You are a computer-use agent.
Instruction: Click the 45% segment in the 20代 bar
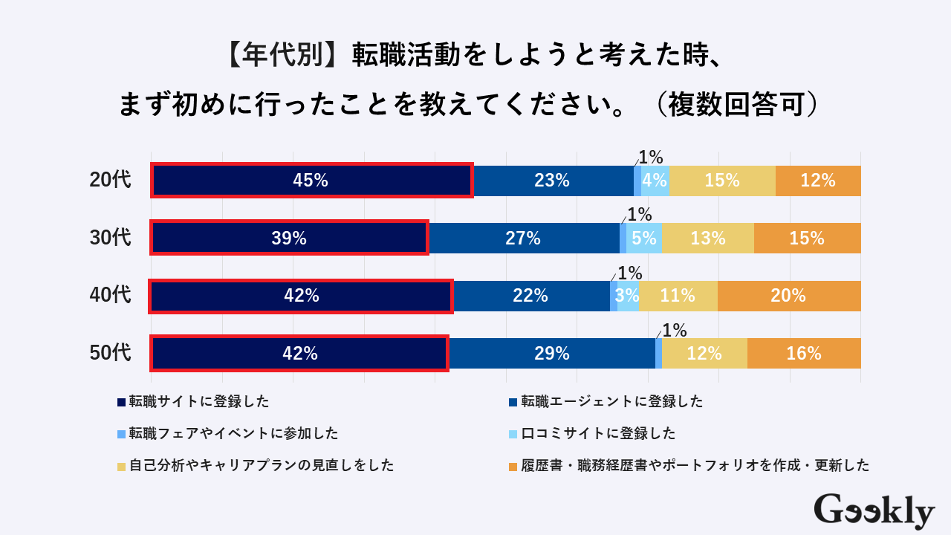click(x=312, y=181)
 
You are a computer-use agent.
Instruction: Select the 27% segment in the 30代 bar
click(x=524, y=239)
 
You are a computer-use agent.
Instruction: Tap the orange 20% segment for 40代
click(x=789, y=296)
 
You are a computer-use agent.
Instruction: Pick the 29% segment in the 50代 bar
click(x=552, y=354)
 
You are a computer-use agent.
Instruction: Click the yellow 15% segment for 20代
click(x=722, y=181)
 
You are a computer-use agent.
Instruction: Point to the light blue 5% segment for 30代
click(x=644, y=239)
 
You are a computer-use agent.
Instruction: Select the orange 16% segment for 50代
click(x=804, y=354)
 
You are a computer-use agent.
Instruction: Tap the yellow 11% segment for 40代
click(x=678, y=296)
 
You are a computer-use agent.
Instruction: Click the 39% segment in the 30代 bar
click(x=290, y=239)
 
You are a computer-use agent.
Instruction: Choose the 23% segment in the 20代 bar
click(x=553, y=181)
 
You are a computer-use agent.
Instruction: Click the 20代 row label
click(x=110, y=181)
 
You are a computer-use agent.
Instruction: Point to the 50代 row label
click(x=110, y=354)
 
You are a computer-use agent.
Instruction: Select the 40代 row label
click(x=110, y=296)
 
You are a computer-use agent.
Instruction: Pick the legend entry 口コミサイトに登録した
click(x=598, y=433)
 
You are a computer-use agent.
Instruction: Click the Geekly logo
click(x=874, y=510)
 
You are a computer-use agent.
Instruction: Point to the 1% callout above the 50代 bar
click(x=674, y=330)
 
